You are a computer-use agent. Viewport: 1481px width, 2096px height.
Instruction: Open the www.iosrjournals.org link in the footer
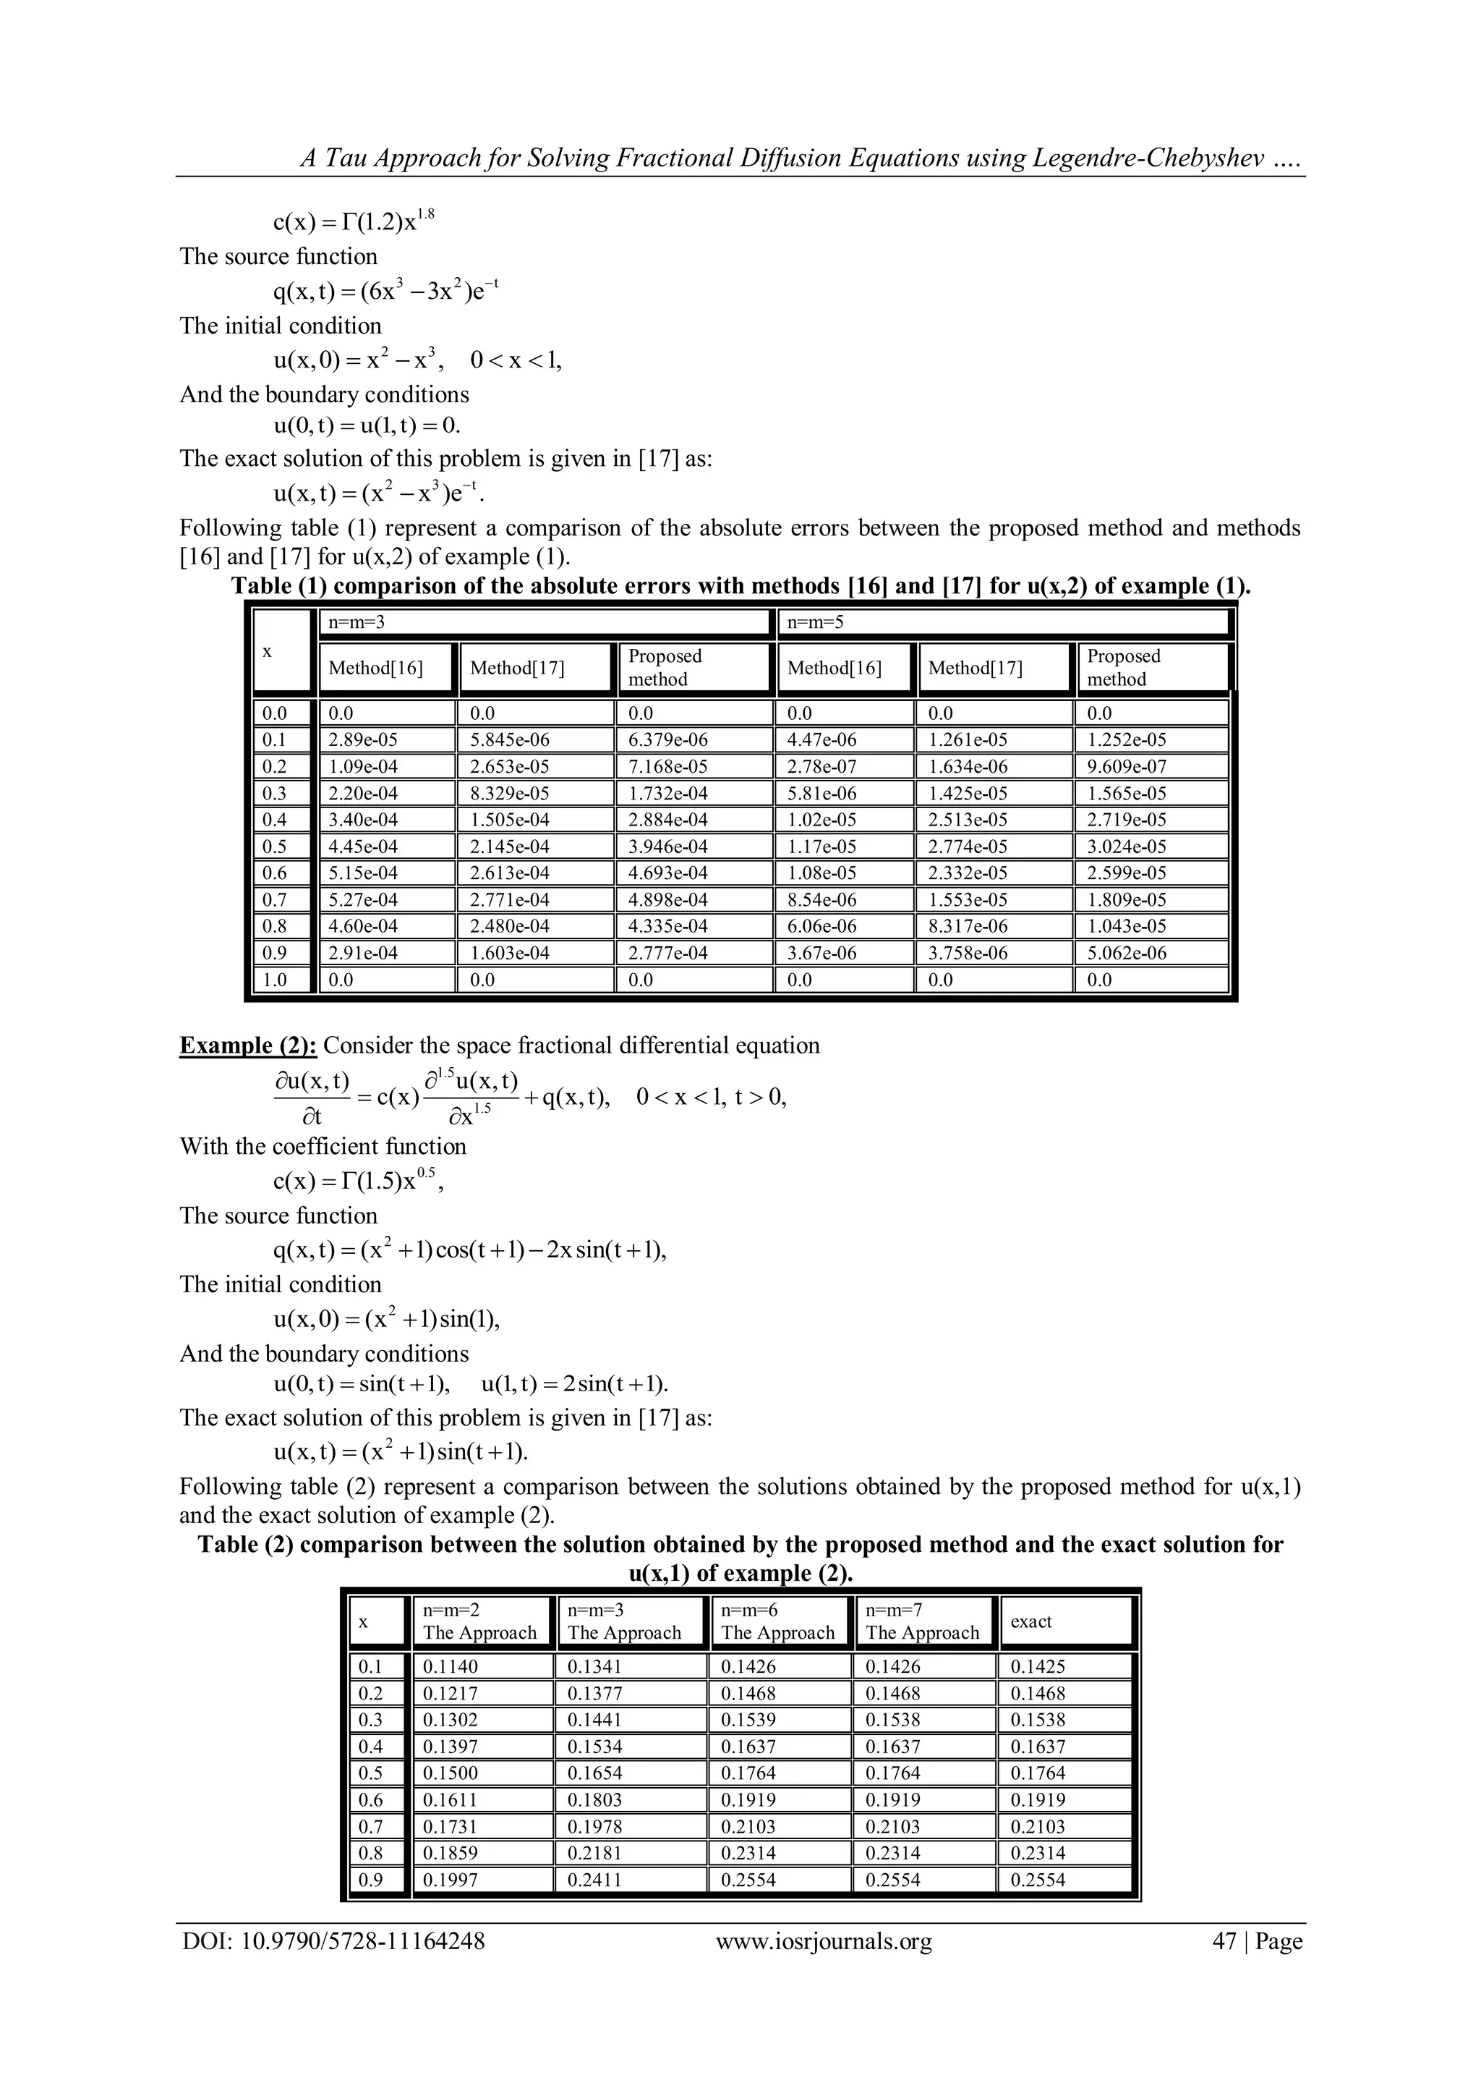(823, 1941)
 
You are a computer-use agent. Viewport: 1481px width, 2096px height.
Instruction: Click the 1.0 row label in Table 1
(275, 980)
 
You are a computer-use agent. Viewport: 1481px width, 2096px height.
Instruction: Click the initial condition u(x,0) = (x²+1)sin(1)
(387, 1319)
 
